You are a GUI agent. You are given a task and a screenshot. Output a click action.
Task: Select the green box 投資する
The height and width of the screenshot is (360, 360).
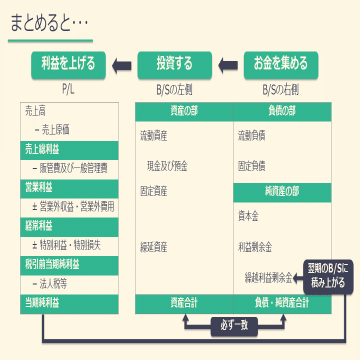click(x=174, y=64)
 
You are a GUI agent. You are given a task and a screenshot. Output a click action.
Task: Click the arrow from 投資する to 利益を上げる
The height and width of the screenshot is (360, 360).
click(x=121, y=64)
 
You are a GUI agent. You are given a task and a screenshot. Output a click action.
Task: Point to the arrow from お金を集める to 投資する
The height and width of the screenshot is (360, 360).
click(x=228, y=64)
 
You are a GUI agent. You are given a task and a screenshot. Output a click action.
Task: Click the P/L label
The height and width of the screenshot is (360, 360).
click(x=68, y=90)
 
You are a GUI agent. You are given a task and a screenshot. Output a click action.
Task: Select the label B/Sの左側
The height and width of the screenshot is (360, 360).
click(x=174, y=90)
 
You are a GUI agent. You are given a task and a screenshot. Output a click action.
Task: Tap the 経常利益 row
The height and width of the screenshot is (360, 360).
click(x=69, y=226)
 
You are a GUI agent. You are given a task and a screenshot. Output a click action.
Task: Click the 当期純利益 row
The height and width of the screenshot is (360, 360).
click(x=69, y=303)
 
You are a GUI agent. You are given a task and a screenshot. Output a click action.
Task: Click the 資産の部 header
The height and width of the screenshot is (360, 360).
click(x=184, y=111)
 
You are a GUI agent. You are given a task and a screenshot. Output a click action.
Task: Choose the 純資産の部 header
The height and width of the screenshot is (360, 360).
click(x=282, y=192)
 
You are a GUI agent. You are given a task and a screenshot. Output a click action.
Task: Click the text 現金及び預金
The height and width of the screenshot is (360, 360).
click(x=167, y=166)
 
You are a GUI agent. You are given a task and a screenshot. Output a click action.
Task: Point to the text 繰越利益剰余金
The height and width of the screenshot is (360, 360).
click(x=268, y=276)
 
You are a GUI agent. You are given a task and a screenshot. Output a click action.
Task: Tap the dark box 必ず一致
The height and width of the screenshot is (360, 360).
click(x=234, y=326)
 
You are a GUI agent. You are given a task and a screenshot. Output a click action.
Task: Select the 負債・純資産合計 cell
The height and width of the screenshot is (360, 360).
click(x=282, y=303)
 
